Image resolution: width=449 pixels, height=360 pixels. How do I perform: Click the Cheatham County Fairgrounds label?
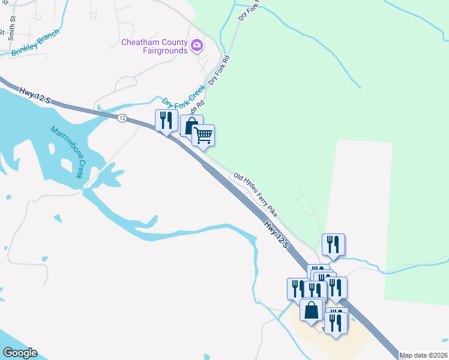coord(154,46)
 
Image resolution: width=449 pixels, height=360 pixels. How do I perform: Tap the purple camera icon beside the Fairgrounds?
coord(197,46)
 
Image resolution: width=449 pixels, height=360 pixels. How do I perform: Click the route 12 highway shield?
coord(122,118)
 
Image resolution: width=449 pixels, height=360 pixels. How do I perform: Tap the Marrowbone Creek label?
coord(66,152)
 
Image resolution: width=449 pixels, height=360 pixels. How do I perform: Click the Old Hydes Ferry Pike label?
coord(255,194)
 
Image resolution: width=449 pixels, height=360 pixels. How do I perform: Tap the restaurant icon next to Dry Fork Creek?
coord(165,120)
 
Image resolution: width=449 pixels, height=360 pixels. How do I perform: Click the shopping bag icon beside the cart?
coord(191,126)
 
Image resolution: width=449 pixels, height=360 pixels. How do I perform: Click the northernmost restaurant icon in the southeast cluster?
coord(333,244)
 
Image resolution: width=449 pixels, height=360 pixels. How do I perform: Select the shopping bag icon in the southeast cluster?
coord(311,310)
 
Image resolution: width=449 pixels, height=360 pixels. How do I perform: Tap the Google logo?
coord(20,353)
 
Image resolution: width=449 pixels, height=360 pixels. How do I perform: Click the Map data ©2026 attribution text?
coord(423,355)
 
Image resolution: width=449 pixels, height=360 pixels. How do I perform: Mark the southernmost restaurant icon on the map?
coord(336,322)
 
